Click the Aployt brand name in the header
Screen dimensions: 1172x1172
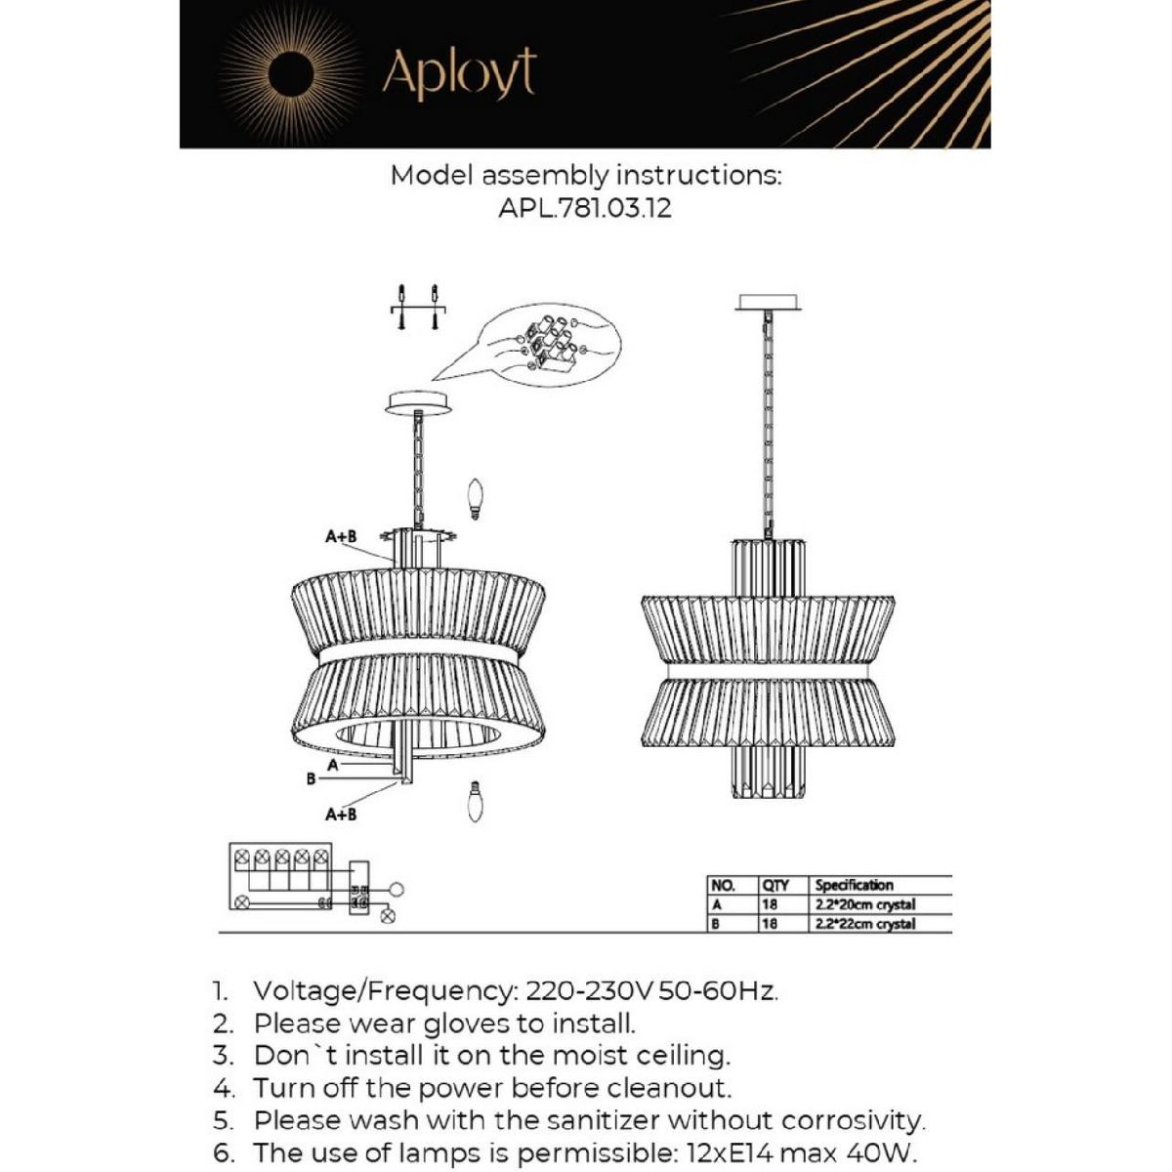pyautogui.click(x=459, y=73)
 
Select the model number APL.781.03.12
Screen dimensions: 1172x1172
pyautogui.click(x=585, y=208)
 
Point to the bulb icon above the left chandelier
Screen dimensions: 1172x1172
pyautogui.click(x=477, y=499)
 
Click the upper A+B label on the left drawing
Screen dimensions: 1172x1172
pyautogui.click(x=341, y=536)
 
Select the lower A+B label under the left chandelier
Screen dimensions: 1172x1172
pyautogui.click(x=341, y=814)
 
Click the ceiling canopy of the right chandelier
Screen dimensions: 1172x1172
pyautogui.click(x=769, y=303)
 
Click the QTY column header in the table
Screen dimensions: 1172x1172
pyautogui.click(x=775, y=885)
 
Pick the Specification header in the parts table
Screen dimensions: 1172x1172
pyautogui.click(x=855, y=885)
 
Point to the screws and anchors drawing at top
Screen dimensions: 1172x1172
pyautogui.click(x=418, y=308)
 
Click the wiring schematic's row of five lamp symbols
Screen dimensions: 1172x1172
pyautogui.click(x=280, y=858)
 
